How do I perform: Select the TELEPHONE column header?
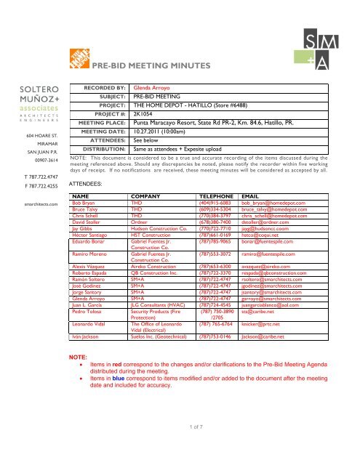click(220, 195)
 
